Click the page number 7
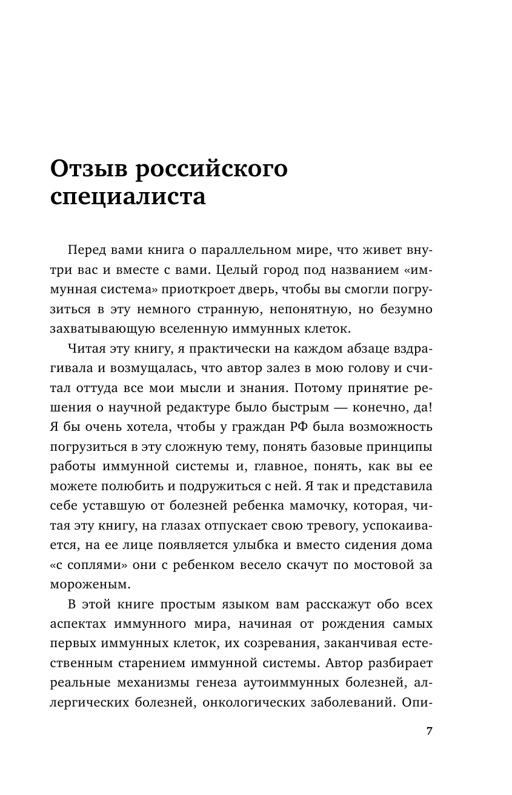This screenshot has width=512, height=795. point(429,731)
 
